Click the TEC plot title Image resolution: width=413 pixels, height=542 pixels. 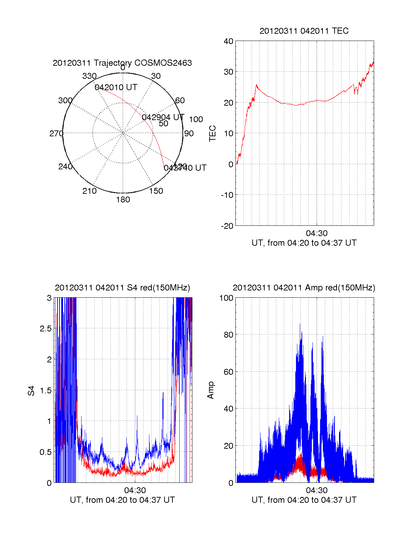click(x=304, y=31)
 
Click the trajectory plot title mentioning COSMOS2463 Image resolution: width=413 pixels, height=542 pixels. click(x=122, y=63)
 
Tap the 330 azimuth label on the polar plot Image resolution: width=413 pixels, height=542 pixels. click(x=89, y=76)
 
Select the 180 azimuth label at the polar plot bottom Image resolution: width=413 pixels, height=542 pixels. click(x=123, y=200)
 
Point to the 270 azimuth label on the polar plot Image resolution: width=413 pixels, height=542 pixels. click(x=56, y=134)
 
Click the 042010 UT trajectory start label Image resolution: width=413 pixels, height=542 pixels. click(x=116, y=87)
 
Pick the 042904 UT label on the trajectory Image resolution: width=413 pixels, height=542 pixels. click(x=163, y=117)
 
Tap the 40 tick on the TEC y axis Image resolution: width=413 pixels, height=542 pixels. click(x=229, y=41)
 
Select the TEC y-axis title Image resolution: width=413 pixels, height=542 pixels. click(x=212, y=134)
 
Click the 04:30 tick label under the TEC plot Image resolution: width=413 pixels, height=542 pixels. click(x=317, y=234)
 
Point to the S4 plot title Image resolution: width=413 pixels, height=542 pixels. click(x=122, y=288)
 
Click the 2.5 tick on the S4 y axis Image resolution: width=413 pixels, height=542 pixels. click(x=46, y=329)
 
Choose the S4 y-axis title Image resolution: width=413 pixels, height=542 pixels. click(x=31, y=391)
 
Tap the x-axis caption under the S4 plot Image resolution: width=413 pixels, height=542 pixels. click(x=122, y=500)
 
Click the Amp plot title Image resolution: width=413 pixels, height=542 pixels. click(x=304, y=288)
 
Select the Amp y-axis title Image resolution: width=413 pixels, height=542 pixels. click(x=211, y=390)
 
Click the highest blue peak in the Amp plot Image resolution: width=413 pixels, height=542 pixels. click(x=300, y=324)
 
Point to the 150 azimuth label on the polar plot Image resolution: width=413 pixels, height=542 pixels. click(x=156, y=191)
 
